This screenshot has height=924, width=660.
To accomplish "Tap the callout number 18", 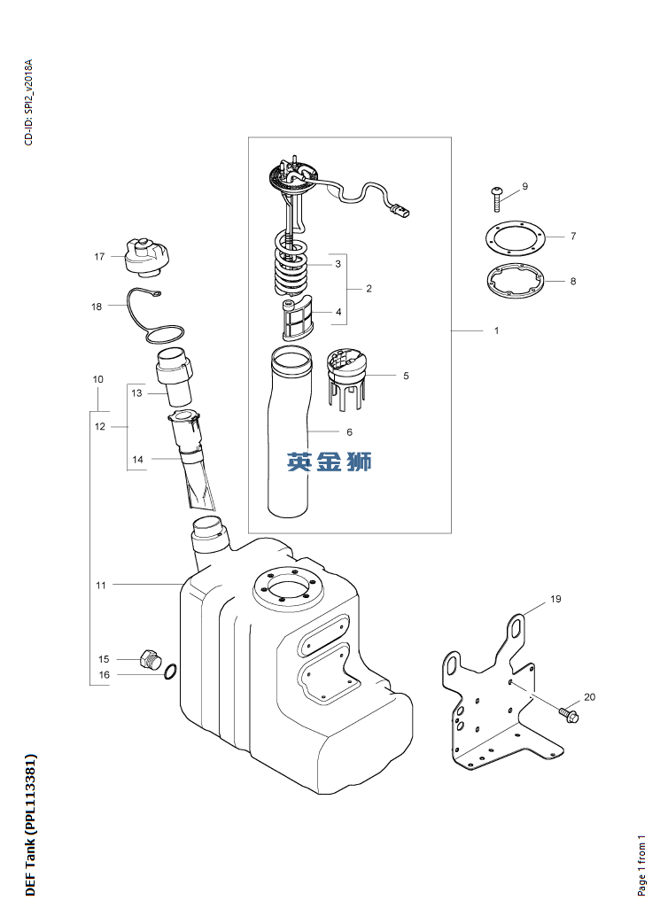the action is (x=97, y=307).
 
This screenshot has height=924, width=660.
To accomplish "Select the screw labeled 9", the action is (x=496, y=199).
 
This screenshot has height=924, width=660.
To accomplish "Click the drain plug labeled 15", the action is (x=151, y=658).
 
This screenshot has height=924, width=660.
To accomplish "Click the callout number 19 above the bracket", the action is (x=555, y=599).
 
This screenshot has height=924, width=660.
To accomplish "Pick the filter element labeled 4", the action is (x=297, y=319).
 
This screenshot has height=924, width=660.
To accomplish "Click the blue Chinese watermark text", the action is (x=330, y=462).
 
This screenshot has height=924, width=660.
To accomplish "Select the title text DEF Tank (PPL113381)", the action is (x=31, y=825).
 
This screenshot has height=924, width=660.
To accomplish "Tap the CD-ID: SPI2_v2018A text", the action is (x=29, y=102).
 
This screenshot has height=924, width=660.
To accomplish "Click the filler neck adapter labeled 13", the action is (x=175, y=377).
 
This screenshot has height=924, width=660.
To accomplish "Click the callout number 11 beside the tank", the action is (x=101, y=586).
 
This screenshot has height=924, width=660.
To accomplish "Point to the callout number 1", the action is (x=496, y=330).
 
